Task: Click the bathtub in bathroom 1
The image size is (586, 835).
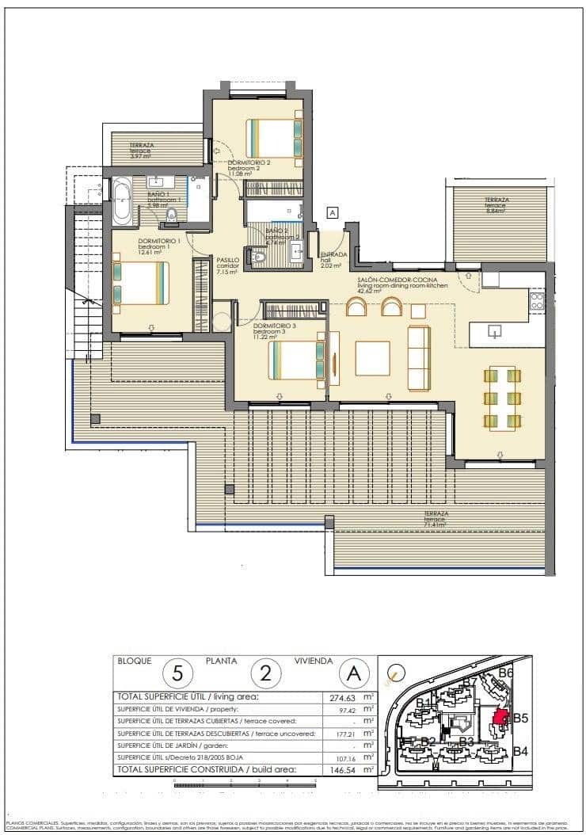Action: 122,201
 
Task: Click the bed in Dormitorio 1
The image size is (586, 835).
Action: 141,283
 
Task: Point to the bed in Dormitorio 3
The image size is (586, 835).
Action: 296,360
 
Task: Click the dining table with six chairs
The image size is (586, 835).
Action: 502,398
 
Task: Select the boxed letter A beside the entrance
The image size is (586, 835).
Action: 333,212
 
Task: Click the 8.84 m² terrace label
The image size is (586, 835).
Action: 497,203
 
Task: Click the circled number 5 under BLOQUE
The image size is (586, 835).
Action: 177,674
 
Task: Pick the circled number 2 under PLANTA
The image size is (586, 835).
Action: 266,674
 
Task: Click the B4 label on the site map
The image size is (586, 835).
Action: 520,751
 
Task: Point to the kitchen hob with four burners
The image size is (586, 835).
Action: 536,300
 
